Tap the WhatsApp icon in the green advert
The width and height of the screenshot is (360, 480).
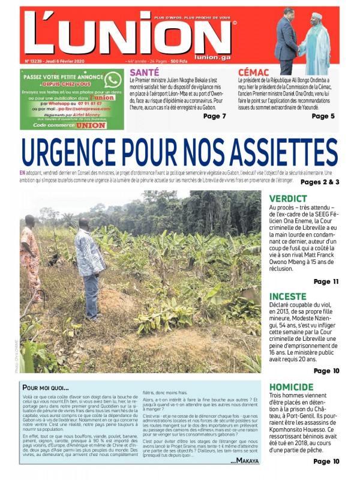click(x=112, y=80)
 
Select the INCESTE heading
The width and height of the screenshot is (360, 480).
click(x=288, y=296)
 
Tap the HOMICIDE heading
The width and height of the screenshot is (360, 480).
click(x=292, y=387)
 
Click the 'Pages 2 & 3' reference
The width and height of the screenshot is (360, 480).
click(x=320, y=182)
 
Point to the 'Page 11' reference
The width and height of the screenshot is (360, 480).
click(x=326, y=281)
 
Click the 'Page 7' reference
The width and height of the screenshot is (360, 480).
click(x=215, y=116)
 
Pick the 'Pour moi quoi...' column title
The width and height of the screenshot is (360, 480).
click(x=45, y=388)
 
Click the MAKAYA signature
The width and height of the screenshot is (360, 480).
click(x=246, y=460)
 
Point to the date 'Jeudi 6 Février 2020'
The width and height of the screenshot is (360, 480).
click(x=65, y=61)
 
